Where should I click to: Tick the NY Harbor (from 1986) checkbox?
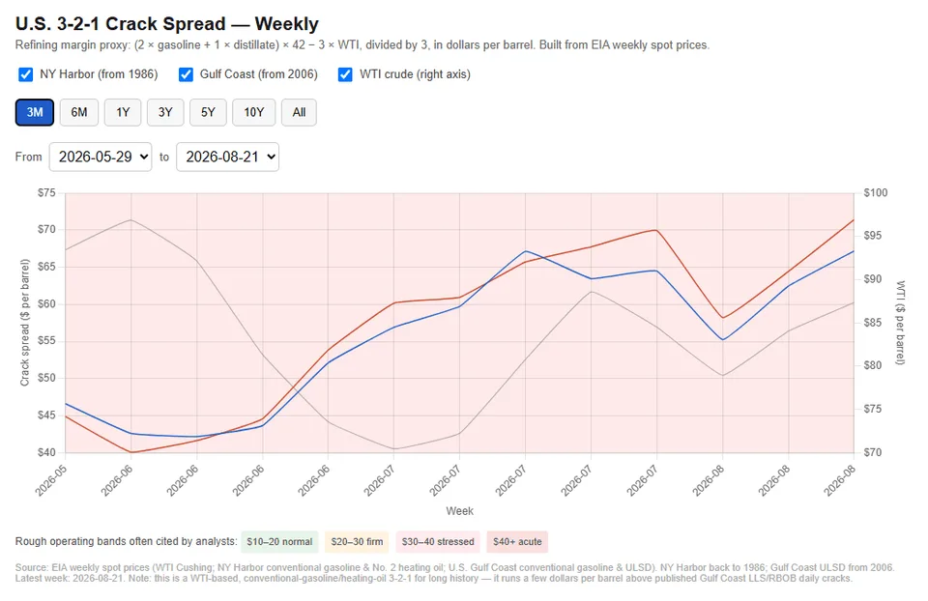[x=25, y=74]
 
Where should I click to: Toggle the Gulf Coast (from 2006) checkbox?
[x=186, y=74]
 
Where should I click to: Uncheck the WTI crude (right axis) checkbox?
[x=345, y=74]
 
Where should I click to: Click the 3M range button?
[x=35, y=112]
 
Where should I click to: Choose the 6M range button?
[x=78, y=112]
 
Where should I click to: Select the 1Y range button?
[x=123, y=112]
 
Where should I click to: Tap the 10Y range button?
[x=254, y=112]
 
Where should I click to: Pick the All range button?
[x=299, y=112]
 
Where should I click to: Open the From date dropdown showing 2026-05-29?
[x=100, y=157]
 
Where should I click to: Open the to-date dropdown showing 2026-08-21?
[x=227, y=157]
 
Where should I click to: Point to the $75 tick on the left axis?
[x=46, y=193]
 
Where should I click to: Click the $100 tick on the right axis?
[x=876, y=193]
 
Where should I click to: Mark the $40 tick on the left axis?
[x=46, y=452]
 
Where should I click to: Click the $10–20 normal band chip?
[x=279, y=542]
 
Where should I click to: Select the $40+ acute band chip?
[x=517, y=542]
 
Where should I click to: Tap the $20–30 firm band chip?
[x=357, y=542]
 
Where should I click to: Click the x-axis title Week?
[x=460, y=511]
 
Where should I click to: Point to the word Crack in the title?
[x=132, y=23]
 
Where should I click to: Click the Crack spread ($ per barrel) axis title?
[x=25, y=323]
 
